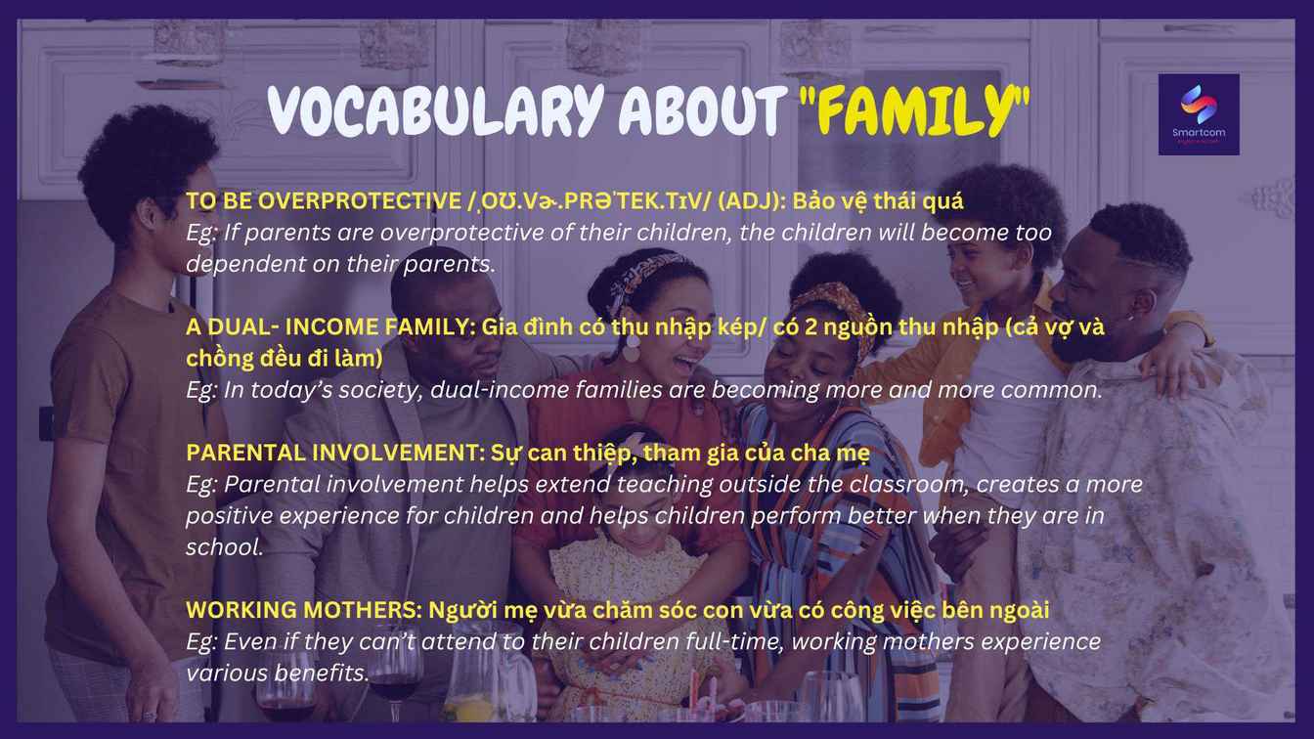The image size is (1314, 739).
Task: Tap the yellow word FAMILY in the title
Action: click(x=914, y=110)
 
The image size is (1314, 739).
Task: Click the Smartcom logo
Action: click(x=1199, y=114)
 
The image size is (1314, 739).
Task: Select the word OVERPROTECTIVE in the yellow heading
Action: click(x=360, y=201)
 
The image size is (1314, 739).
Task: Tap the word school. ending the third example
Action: click(x=225, y=547)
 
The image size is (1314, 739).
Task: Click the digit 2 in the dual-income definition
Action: click(x=810, y=326)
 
